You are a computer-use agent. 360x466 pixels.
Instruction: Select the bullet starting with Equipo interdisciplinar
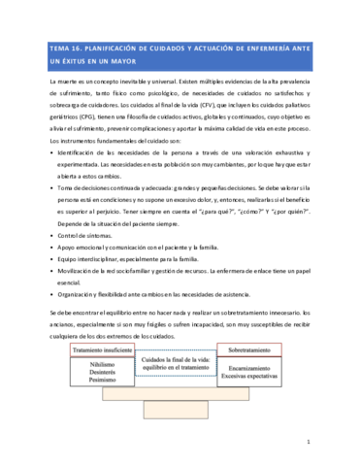click(x=126, y=259)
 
